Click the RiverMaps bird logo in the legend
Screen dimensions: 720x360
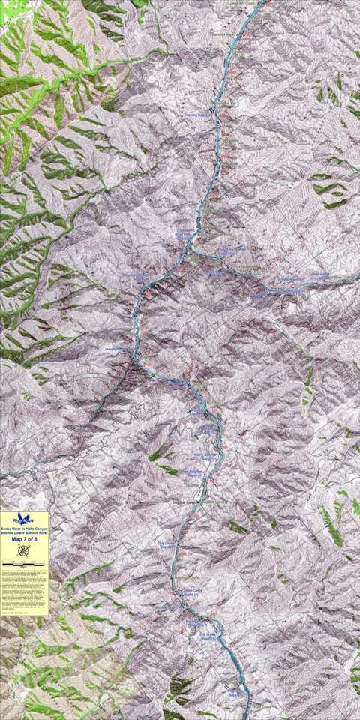click(x=24, y=517)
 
